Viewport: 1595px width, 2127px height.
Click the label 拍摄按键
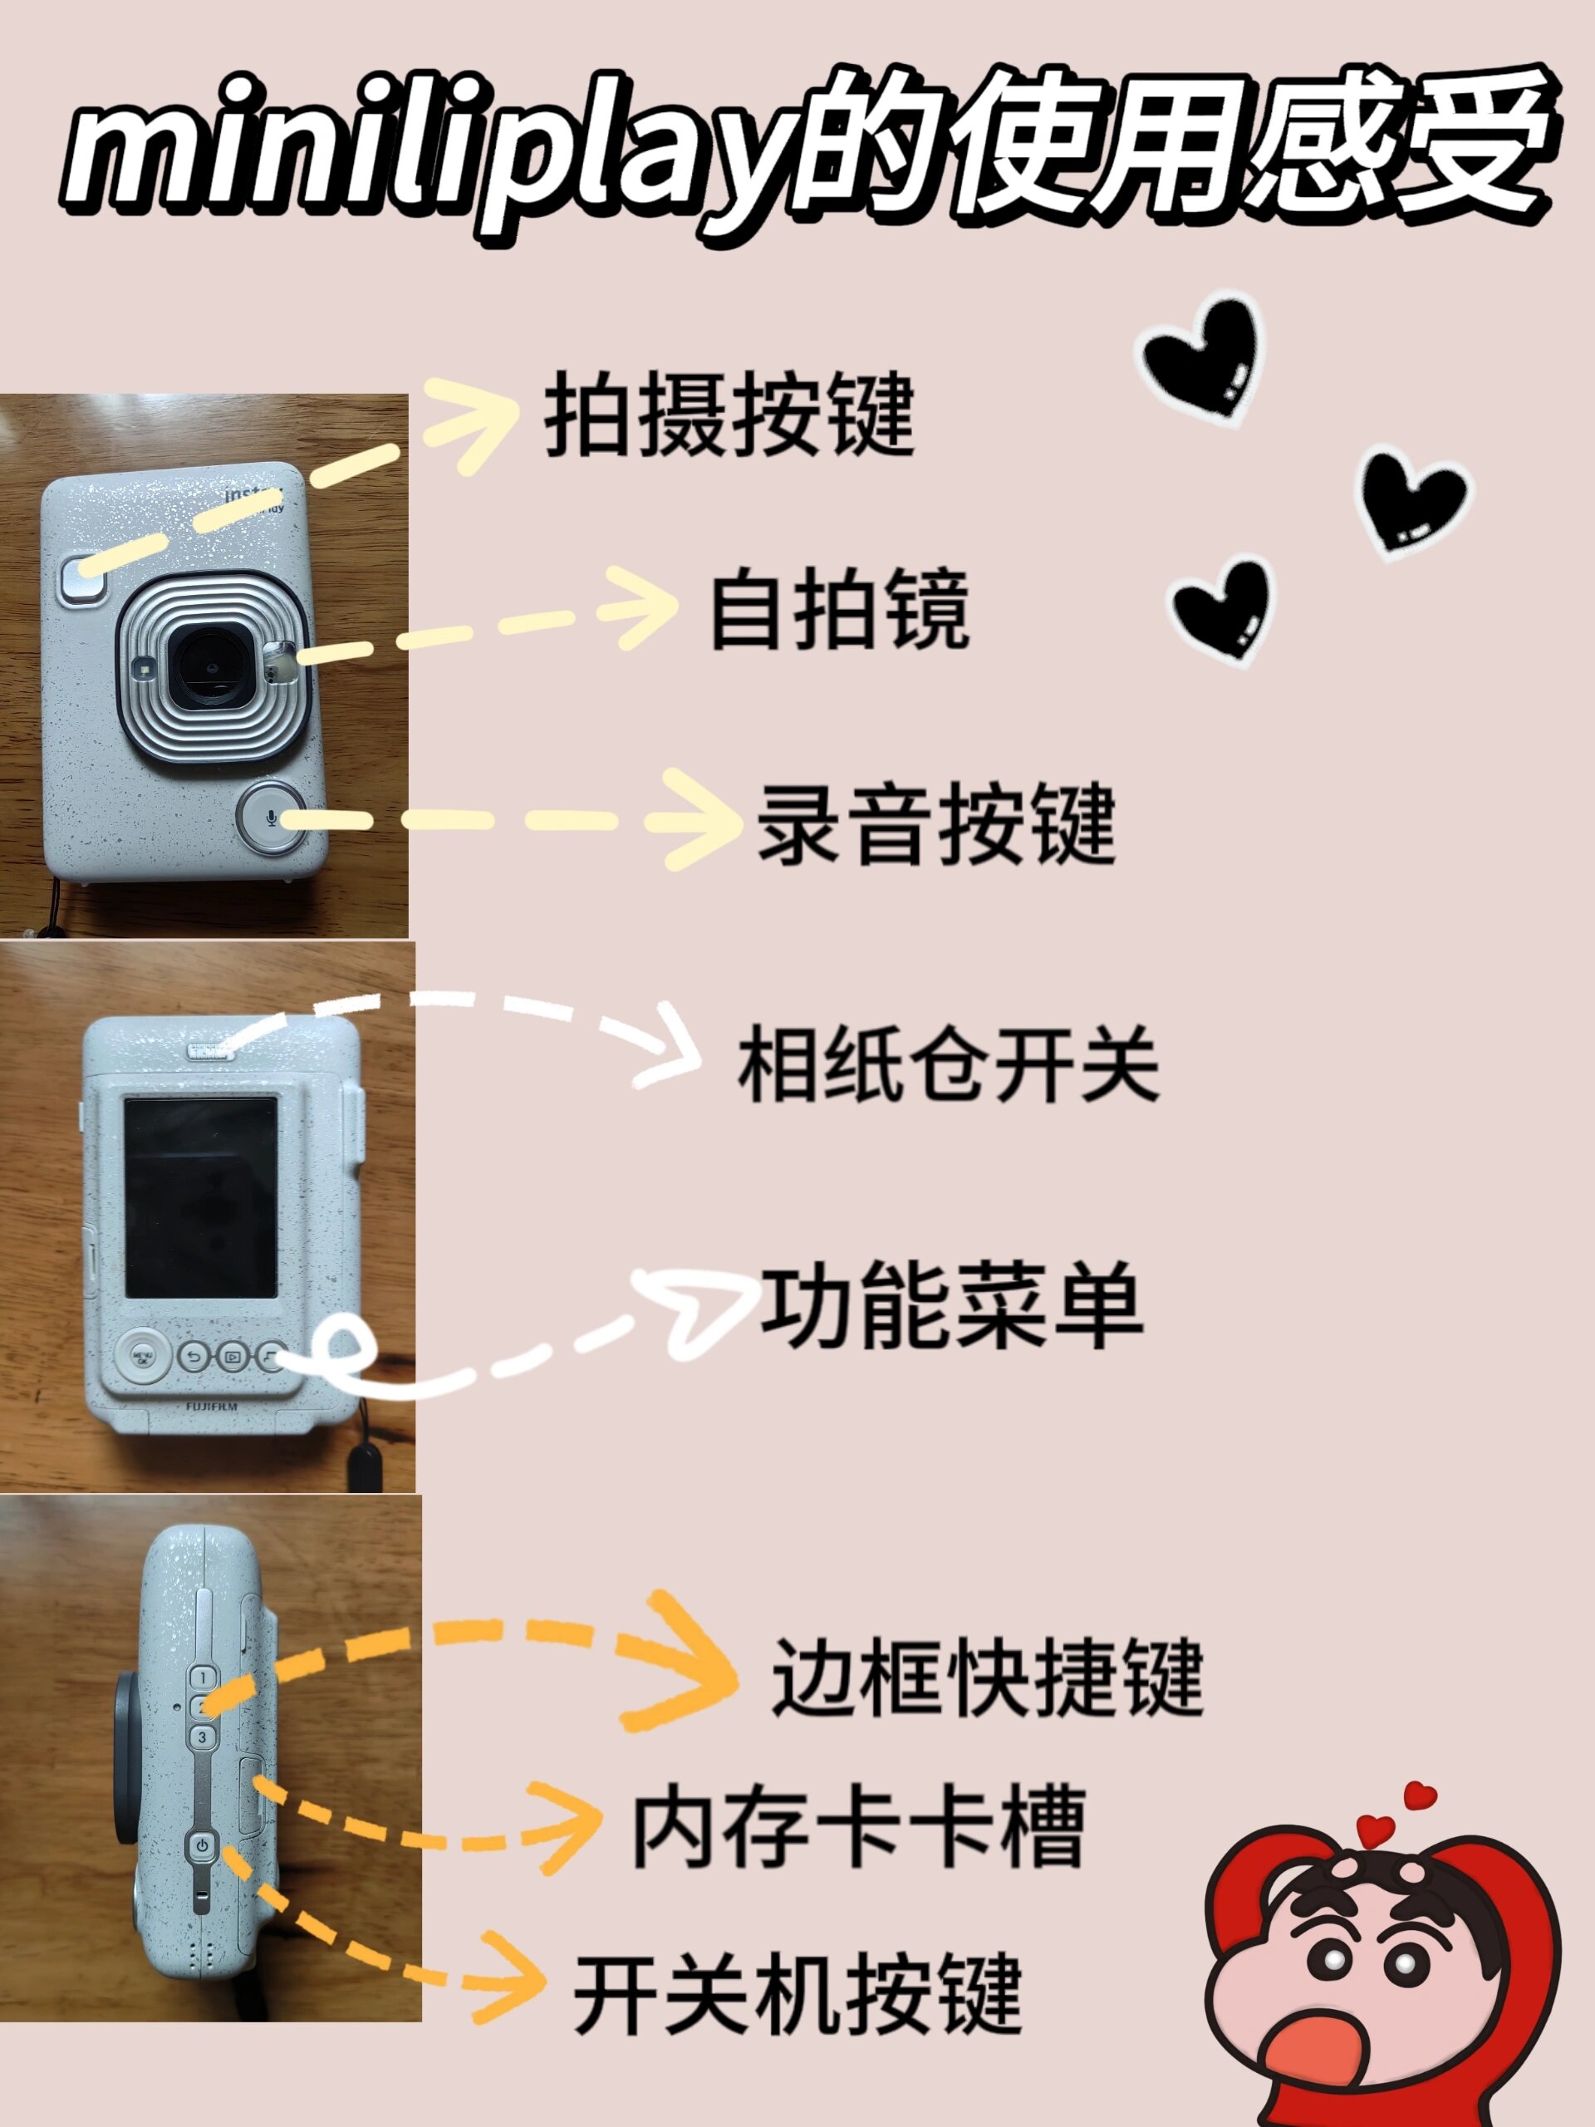tap(729, 416)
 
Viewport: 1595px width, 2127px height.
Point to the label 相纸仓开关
tap(948, 1064)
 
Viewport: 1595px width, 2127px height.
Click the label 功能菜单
tap(952, 1306)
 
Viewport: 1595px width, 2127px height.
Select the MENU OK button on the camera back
tap(142, 1356)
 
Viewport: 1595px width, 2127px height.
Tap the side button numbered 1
tap(203, 1677)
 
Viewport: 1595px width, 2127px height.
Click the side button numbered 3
tap(202, 1736)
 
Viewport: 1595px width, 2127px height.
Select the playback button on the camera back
tap(231, 1357)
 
